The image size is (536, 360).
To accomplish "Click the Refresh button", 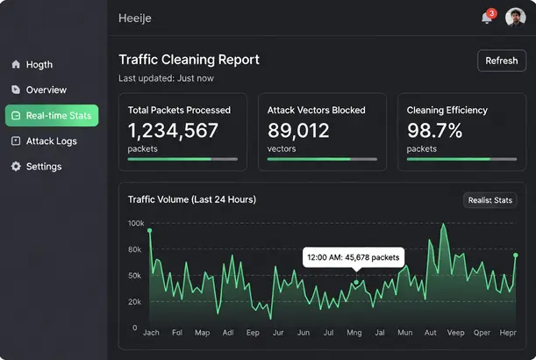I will [502, 61].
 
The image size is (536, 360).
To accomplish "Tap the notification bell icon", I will [487, 18].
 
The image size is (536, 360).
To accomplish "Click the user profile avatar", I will [515, 18].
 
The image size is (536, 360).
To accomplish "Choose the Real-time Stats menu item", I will [52, 115].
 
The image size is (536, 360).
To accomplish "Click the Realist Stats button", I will [490, 200].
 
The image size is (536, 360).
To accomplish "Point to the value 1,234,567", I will [173, 132].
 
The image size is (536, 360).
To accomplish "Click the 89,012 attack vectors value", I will [299, 132].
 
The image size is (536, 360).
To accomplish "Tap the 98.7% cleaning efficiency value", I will [434, 132].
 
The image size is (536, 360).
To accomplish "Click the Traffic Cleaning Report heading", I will [189, 60].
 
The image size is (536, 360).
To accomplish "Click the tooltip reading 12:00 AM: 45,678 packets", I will [354, 257].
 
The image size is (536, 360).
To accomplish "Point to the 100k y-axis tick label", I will [135, 224].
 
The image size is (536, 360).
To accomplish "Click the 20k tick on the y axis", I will [134, 302].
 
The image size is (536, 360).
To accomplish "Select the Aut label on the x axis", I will [430, 334].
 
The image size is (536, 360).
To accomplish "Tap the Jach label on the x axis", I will [151, 334].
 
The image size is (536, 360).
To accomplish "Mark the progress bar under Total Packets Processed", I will [182, 159].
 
